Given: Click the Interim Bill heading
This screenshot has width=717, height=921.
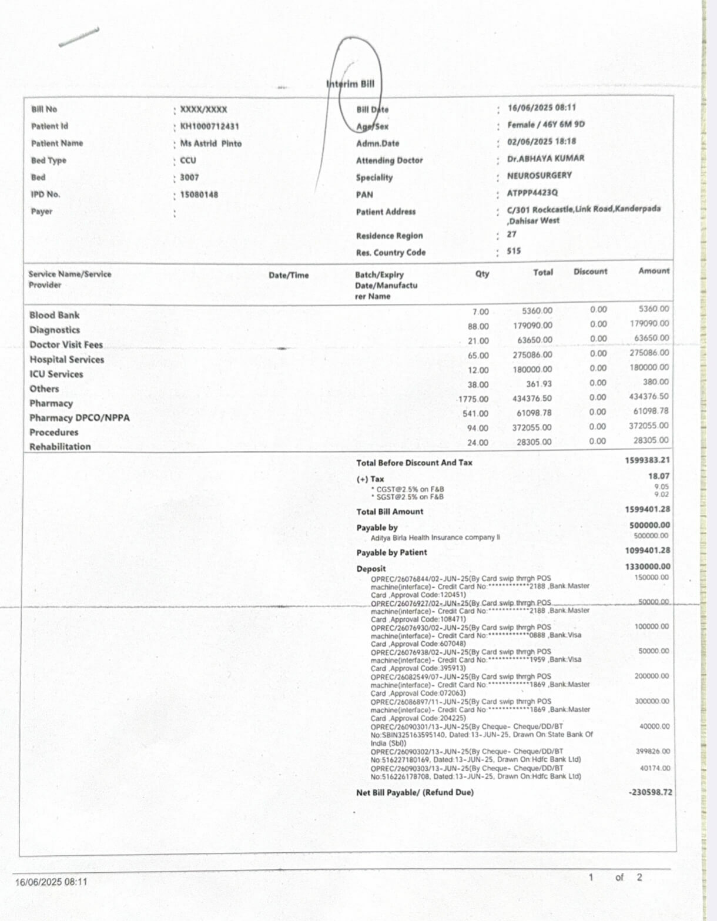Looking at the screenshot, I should pos(350,84).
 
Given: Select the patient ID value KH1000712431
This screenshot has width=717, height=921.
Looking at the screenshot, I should pos(209,126).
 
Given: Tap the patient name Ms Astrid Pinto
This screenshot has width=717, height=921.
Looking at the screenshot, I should pos(211,143).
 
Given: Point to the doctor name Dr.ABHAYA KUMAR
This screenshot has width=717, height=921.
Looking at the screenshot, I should pos(545,159).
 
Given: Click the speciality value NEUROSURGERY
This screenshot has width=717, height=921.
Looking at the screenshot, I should pos(539,175).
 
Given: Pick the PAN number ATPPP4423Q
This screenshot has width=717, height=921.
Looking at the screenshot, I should pos(532,193).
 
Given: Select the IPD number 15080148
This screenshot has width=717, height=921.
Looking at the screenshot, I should pos(199,195).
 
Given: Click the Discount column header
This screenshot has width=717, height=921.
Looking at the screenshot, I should pos(590,272).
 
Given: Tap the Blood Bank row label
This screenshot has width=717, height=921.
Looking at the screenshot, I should pos(54,315).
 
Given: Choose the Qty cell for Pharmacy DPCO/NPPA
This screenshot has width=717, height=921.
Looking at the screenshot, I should pos(475,414).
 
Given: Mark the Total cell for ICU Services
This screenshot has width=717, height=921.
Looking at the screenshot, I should pos(532,370).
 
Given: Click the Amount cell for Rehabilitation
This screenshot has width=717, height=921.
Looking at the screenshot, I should pos(651,440).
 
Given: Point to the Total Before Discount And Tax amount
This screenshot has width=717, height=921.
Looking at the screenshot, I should pos(647,460).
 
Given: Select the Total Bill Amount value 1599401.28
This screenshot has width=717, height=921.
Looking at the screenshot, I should pos(647,510).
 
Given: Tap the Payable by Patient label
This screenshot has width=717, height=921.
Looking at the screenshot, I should pos(391,552).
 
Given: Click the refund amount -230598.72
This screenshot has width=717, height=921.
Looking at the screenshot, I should pos(650,792).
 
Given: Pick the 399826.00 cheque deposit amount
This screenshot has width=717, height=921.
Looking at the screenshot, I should pos(652,752).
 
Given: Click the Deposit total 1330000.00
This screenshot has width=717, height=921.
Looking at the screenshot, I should pos(647,567).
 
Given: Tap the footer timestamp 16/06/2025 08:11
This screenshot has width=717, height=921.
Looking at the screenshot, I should pos(51,882).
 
